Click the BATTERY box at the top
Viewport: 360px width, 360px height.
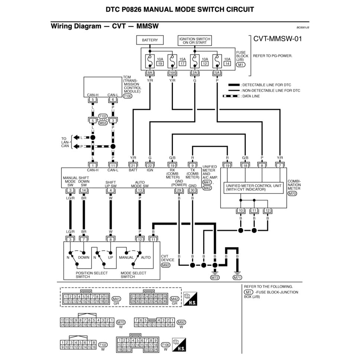tap(150, 40)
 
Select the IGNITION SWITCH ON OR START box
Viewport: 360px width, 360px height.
tap(195, 41)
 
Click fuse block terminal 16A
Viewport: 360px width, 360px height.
tap(172, 73)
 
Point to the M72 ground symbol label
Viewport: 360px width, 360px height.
tap(215, 277)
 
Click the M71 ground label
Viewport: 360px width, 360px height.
tap(237, 277)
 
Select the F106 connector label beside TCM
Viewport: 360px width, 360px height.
tap(128, 96)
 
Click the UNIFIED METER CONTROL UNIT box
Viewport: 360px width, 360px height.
tap(254, 187)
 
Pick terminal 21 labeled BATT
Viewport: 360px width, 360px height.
tap(133, 165)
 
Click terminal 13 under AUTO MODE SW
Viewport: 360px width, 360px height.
tap(140, 190)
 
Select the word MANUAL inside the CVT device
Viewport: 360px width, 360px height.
tap(126, 257)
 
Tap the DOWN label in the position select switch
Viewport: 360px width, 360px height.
tap(84, 257)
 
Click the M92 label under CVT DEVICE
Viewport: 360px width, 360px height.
tap(165, 266)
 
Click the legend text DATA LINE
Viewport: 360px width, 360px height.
tap(251, 96)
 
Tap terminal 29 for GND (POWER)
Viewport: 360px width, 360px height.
tap(179, 190)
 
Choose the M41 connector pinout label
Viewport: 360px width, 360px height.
tap(116, 299)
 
